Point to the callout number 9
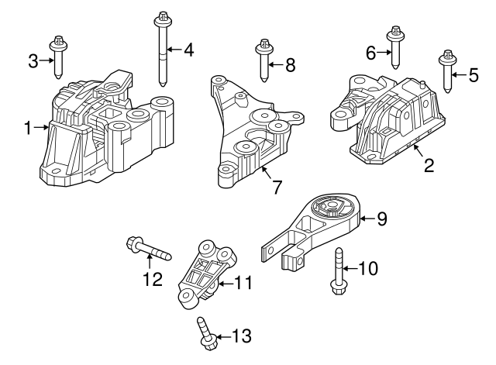[381, 219]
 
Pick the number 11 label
[243, 284]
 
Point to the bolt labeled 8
[263, 60]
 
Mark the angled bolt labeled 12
[147, 250]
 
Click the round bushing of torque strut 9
[331, 210]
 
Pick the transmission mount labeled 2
[387, 120]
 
